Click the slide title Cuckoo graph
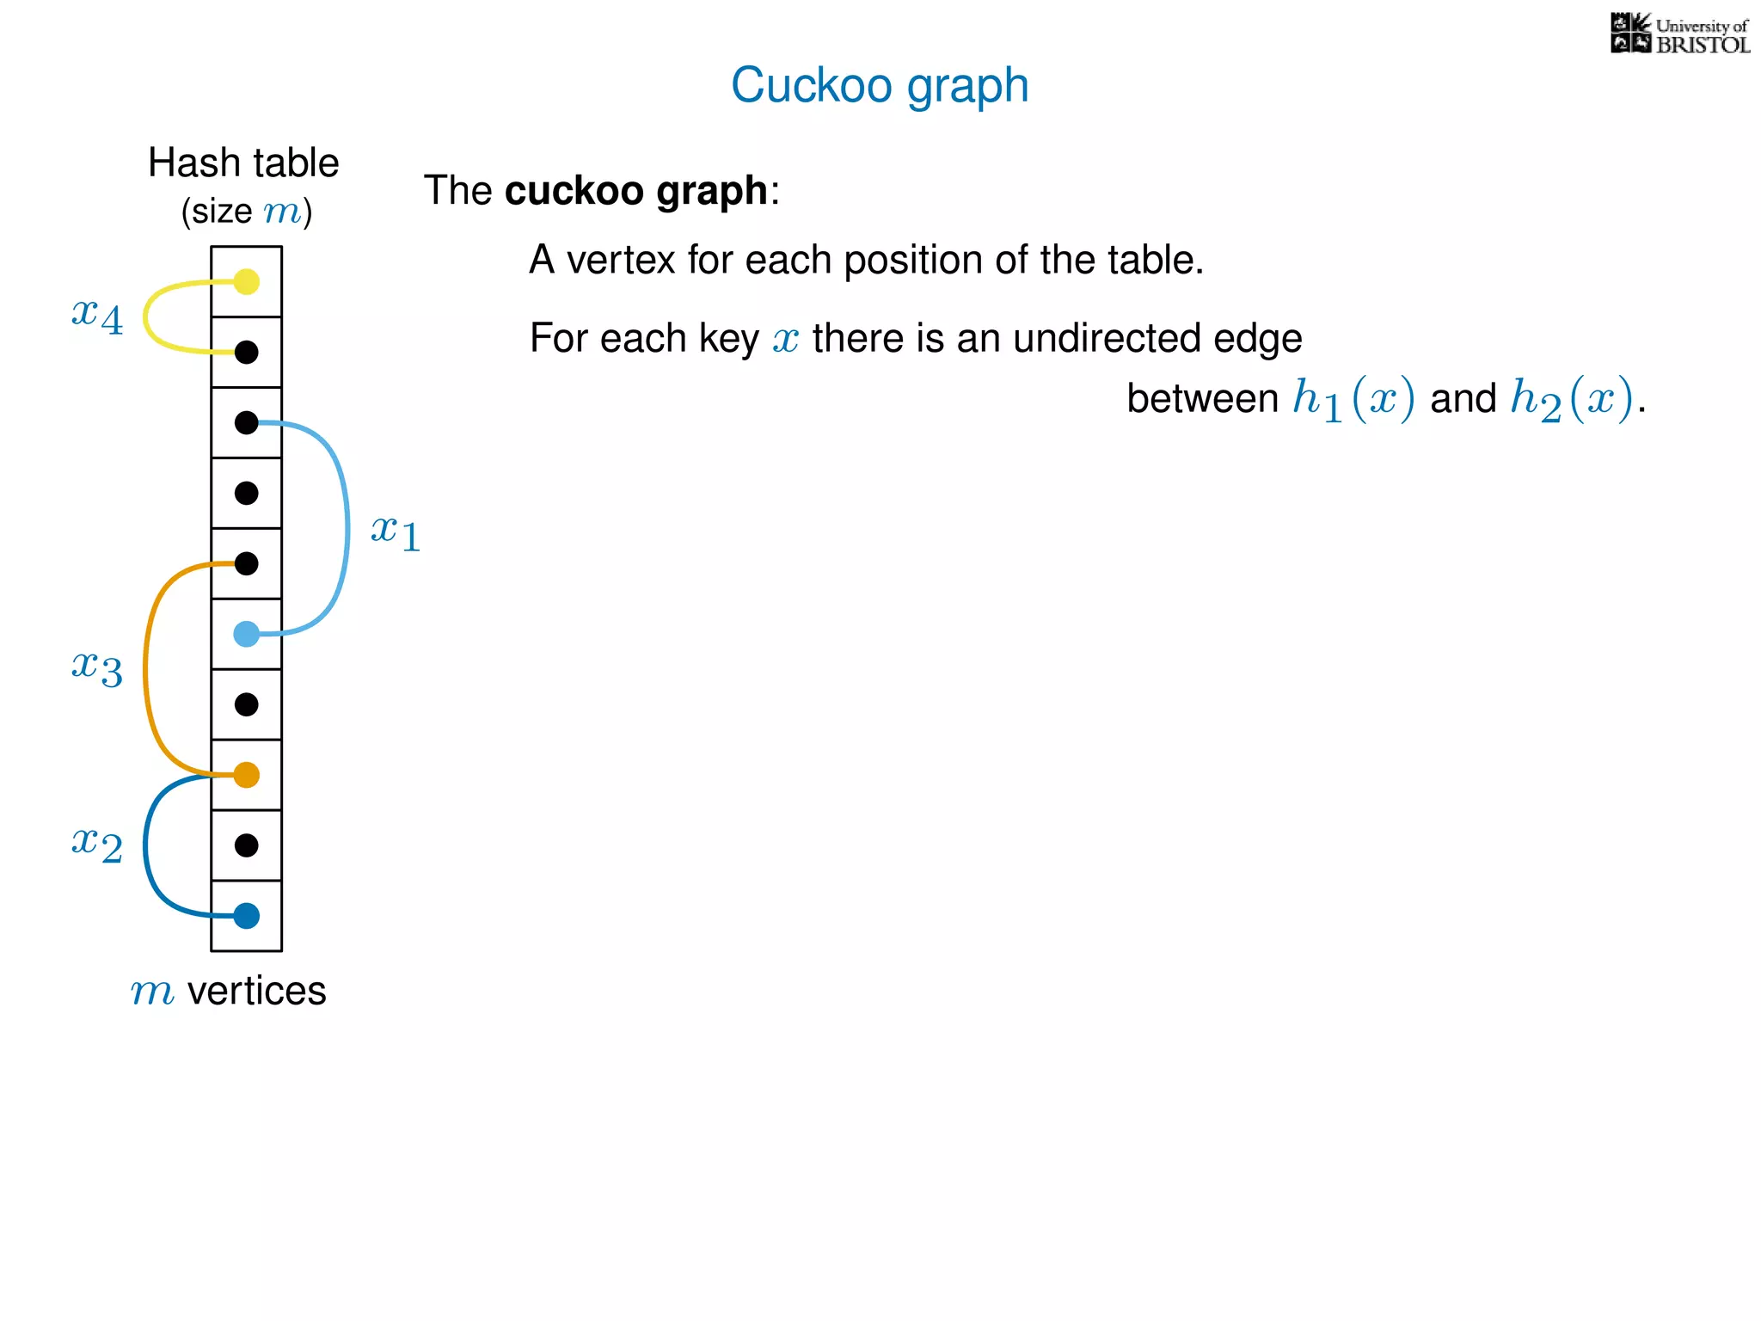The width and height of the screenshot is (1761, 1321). click(880, 85)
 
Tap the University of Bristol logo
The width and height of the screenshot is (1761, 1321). click(1679, 34)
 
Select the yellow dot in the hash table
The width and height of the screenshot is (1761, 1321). click(247, 281)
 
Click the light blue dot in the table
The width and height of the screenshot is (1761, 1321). click(247, 635)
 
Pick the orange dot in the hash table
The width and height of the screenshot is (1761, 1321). click(247, 775)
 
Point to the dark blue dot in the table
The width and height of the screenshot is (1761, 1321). click(247, 916)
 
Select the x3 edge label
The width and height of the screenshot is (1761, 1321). click(97, 667)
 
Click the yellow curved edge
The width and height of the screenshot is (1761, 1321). click(146, 316)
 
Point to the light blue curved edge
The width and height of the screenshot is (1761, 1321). click(347, 529)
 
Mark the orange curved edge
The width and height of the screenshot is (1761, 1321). click(146, 669)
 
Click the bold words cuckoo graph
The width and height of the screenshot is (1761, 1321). click(635, 191)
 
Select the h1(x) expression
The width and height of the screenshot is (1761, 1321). click(1353, 400)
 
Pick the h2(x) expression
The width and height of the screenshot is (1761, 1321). click(1571, 400)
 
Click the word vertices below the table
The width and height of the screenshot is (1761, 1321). click(256, 991)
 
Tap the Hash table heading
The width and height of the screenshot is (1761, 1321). click(243, 163)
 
